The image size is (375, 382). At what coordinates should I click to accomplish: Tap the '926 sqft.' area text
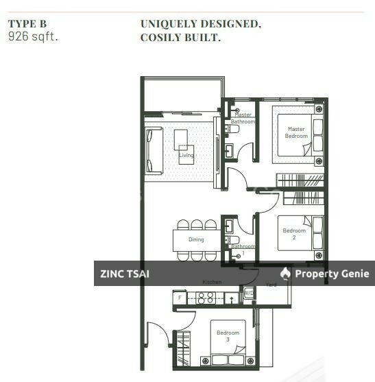tap(33, 36)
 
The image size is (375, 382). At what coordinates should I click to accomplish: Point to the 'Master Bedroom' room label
tap(296, 132)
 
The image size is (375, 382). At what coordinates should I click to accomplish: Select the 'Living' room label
tap(186, 156)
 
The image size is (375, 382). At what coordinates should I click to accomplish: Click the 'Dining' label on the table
tap(196, 239)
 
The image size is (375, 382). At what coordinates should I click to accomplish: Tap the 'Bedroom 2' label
tap(294, 235)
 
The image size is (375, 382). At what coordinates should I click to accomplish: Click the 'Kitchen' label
tap(212, 283)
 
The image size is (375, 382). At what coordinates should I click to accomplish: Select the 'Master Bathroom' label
tap(243, 119)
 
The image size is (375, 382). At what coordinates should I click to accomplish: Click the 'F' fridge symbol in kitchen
tap(180, 298)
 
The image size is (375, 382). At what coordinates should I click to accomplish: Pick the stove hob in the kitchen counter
tap(206, 297)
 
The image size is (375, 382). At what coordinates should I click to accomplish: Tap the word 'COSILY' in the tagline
tap(162, 38)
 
